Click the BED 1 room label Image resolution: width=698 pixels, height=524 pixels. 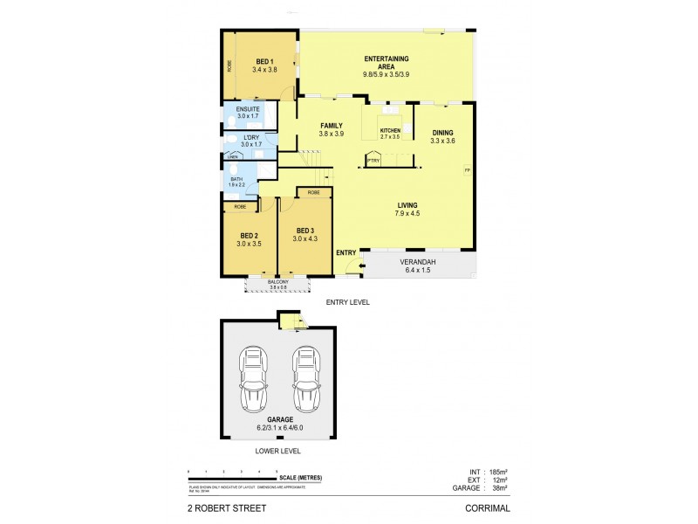[x=263, y=60]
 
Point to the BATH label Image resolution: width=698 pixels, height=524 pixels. [x=236, y=179]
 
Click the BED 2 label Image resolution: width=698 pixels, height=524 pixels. [x=250, y=235]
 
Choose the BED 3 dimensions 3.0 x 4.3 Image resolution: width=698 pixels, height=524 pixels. [x=305, y=238]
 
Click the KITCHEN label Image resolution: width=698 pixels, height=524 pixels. [x=390, y=130]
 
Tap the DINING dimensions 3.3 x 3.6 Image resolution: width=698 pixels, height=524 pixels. [x=442, y=141]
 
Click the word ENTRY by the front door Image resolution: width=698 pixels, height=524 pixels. [x=346, y=252]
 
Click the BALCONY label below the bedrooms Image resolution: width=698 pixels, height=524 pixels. [x=278, y=282]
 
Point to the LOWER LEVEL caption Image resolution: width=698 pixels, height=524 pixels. [x=278, y=451]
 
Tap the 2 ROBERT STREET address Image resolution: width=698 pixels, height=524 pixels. [x=225, y=507]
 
